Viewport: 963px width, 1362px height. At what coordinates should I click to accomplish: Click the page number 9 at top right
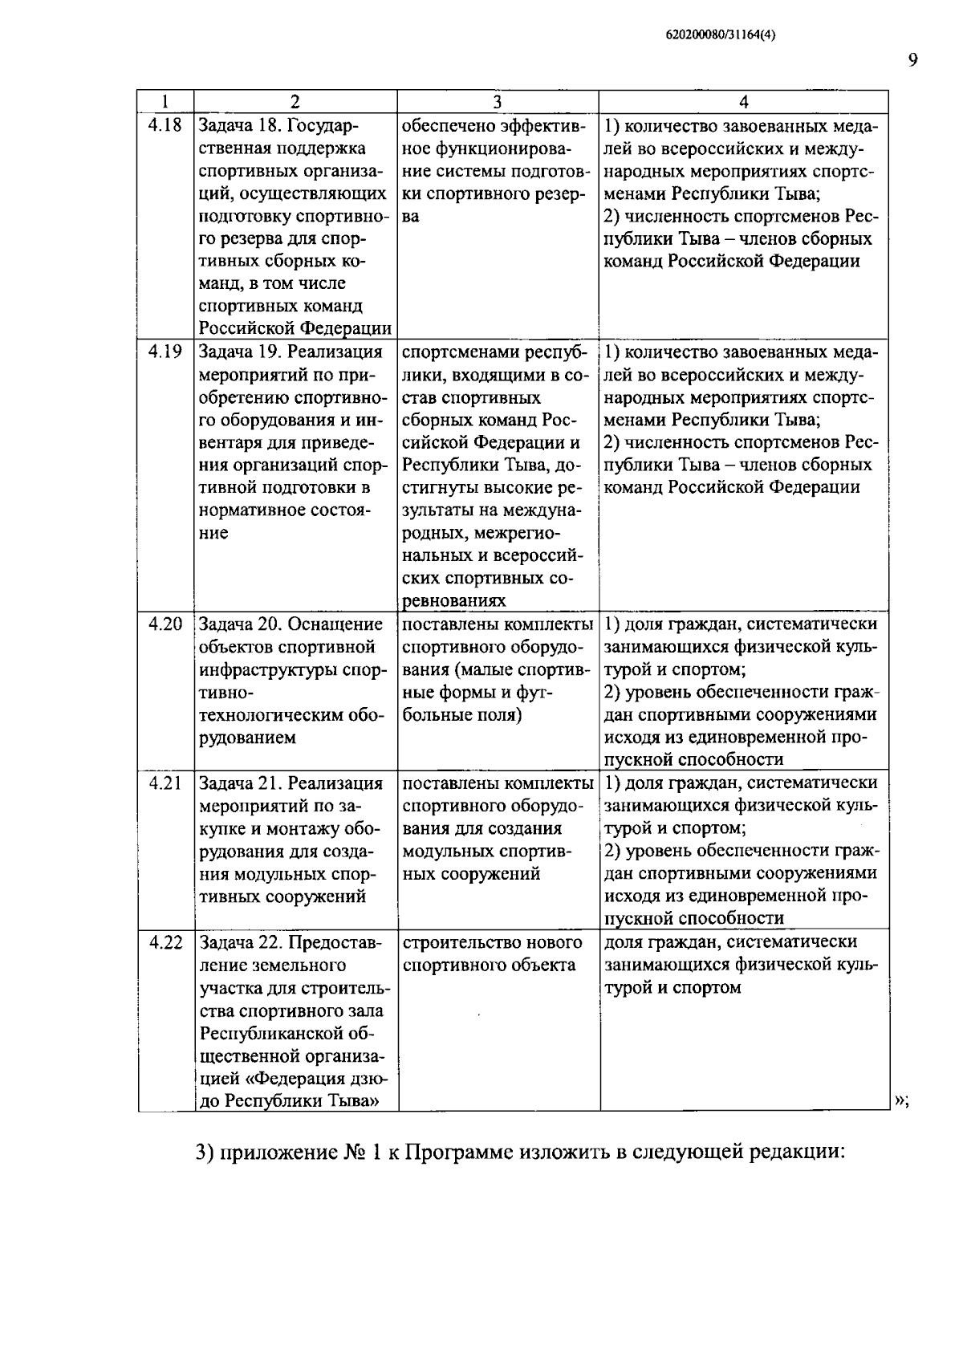coord(912,60)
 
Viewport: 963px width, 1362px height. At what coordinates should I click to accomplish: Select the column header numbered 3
coord(498,102)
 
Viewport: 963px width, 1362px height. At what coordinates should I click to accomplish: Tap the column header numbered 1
coord(165,102)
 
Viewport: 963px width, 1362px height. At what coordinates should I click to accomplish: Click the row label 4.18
coord(165,125)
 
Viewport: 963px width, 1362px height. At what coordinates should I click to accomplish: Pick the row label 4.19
coord(165,352)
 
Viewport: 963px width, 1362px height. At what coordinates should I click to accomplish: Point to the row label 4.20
coord(165,624)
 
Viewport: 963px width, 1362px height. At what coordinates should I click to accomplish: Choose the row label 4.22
coord(165,942)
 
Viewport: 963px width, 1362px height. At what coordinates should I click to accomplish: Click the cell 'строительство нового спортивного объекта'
coord(491,953)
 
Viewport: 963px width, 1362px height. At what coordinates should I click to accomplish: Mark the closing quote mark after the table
coord(900,1100)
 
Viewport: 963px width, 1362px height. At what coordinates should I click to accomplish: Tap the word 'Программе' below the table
coord(460,1153)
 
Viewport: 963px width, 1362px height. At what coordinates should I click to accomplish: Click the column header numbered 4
coord(744,102)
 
